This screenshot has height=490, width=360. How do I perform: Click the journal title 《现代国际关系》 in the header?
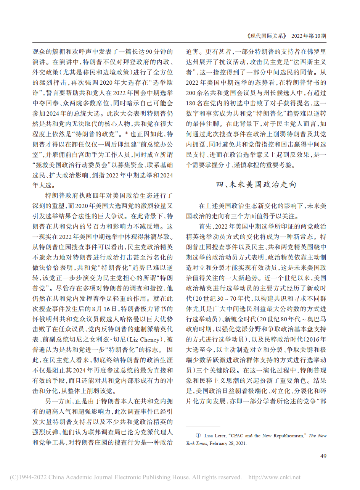tap(266, 36)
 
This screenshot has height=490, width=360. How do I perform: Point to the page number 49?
tap(323, 456)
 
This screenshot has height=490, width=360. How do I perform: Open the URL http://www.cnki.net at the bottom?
tap(275, 477)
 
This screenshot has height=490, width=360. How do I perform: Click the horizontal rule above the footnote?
tap(202, 426)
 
